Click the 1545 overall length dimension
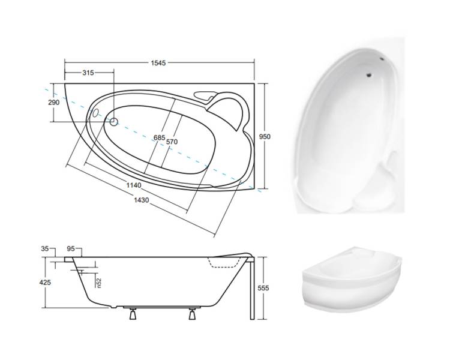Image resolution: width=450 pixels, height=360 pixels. pyautogui.click(x=158, y=63)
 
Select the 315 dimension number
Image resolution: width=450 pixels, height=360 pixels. pyautogui.click(x=88, y=73)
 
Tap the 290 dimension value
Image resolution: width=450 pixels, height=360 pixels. pyautogui.click(x=54, y=102)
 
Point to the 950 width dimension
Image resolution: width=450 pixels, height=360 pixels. pyautogui.click(x=265, y=137)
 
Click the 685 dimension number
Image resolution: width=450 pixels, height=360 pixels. pyautogui.click(x=159, y=137)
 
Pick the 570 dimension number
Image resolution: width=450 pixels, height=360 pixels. pyautogui.click(x=172, y=142)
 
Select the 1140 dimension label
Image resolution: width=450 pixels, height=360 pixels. pyautogui.click(x=134, y=185)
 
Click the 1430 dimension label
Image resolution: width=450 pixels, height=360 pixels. pyautogui.click(x=142, y=200)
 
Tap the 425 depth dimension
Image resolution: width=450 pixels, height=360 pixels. pyautogui.click(x=45, y=283)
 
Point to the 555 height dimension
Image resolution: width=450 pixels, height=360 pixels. pyautogui.click(x=263, y=288)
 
